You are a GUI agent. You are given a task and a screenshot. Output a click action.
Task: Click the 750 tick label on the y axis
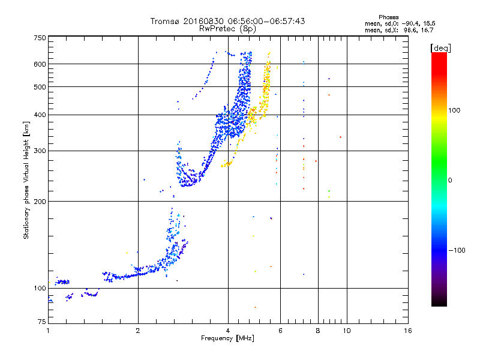40,38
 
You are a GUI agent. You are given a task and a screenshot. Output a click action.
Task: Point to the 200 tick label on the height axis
40,202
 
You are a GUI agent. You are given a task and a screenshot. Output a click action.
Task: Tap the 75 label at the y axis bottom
42,322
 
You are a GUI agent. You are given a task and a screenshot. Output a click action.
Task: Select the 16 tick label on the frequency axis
408,331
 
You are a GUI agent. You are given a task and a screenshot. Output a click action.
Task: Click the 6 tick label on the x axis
280,331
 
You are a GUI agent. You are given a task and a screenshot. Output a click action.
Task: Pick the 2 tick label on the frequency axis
138,331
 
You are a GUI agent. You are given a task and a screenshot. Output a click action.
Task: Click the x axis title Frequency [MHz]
227,338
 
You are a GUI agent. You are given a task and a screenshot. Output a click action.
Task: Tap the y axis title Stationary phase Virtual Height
26,181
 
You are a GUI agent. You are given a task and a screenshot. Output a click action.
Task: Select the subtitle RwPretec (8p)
227,29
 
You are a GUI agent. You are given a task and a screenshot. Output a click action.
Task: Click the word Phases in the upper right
388,17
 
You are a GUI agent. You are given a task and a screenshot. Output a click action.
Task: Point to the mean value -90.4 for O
410,23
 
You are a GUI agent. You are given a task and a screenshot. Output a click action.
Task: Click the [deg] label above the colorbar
440,48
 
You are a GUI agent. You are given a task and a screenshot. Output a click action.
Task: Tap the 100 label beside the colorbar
454,110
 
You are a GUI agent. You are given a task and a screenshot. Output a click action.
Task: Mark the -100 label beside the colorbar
457,250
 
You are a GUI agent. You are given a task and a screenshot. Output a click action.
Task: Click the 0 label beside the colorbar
450,181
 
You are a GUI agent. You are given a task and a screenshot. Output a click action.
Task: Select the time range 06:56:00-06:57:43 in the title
266,21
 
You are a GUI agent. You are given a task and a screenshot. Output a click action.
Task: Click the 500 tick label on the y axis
40,87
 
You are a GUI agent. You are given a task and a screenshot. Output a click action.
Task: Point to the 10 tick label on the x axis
347,331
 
